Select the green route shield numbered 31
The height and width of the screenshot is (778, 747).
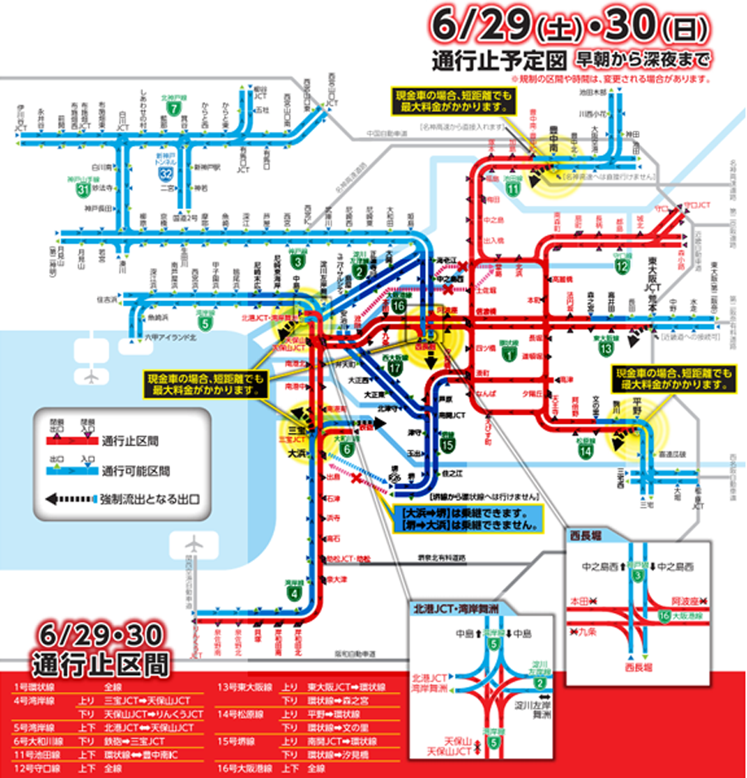(x=82, y=189)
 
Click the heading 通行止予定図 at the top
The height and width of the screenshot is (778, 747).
(x=499, y=60)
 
